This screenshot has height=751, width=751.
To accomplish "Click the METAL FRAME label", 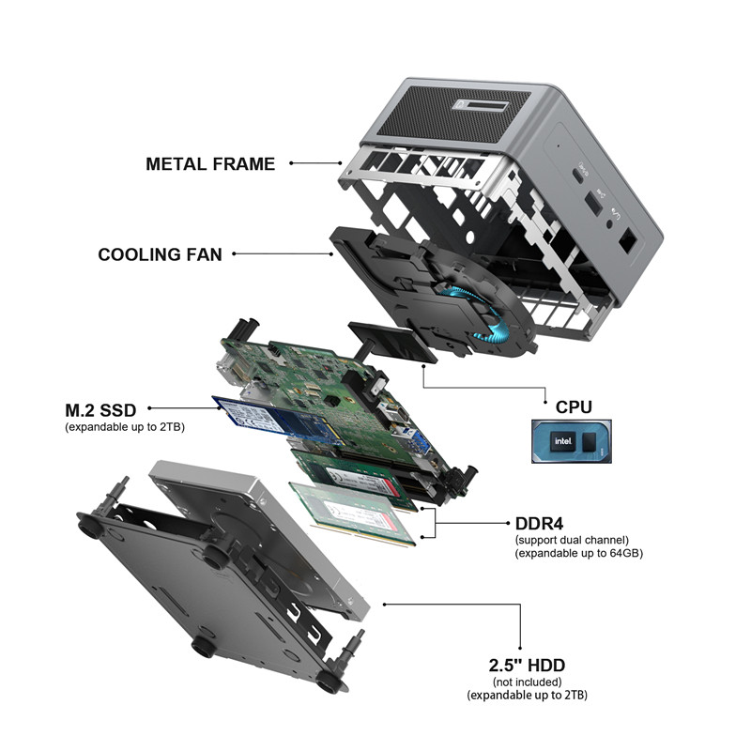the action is (x=210, y=163).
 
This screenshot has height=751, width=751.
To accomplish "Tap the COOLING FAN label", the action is (x=160, y=254).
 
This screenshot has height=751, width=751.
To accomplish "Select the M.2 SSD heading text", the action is (x=100, y=410).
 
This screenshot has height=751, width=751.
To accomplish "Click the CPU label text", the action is (x=574, y=407).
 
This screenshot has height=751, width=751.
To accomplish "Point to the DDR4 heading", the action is (x=539, y=524).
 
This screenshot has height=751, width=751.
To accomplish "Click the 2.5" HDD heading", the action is (x=527, y=666).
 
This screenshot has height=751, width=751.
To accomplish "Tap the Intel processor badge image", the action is (x=572, y=441).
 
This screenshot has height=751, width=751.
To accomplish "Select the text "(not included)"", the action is (x=527, y=682).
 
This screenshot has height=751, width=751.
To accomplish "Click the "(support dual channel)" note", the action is (x=572, y=540).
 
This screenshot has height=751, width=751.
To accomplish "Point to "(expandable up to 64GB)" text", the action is (x=579, y=553).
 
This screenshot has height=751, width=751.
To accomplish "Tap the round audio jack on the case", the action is (x=609, y=222).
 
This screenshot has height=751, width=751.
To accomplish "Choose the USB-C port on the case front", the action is (x=579, y=176).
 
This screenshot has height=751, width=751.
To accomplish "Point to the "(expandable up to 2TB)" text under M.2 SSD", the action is (x=125, y=427).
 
